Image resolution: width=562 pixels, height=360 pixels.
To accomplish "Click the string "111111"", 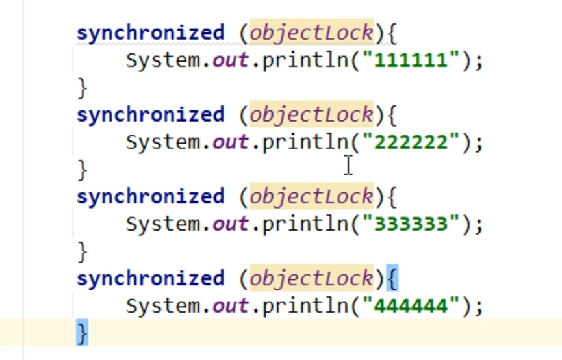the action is tap(411, 60).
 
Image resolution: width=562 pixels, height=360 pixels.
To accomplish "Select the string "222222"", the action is tap(411, 142).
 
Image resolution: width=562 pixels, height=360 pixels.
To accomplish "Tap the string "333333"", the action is tap(411, 224).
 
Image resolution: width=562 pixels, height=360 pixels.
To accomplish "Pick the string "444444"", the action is tap(411, 305).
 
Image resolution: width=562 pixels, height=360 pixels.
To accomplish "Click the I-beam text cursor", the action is tap(349, 165).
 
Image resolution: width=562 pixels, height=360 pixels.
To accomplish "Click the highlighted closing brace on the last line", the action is tap(82, 332).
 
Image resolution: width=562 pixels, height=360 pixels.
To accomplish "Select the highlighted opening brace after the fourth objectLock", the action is tap(391, 279).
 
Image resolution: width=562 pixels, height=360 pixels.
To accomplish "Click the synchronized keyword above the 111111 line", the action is tap(150, 33).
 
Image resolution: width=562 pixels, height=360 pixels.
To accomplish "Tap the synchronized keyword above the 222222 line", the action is tap(150, 115).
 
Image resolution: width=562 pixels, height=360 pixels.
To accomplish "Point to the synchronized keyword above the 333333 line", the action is tap(150, 197).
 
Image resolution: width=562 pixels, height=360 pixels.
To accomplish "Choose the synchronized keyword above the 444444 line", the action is tap(150, 279).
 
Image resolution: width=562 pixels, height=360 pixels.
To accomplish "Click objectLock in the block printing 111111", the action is tap(312, 33).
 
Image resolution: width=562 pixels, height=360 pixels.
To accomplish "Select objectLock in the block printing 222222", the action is tap(312, 115).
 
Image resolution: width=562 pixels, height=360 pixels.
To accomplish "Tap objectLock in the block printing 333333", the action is tap(312, 197).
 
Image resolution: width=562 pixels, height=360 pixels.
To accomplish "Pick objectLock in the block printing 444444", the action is tap(312, 279).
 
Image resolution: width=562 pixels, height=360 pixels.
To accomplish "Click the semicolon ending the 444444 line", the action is tap(479, 307).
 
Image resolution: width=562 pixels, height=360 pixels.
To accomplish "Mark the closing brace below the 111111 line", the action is tap(82, 86).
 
